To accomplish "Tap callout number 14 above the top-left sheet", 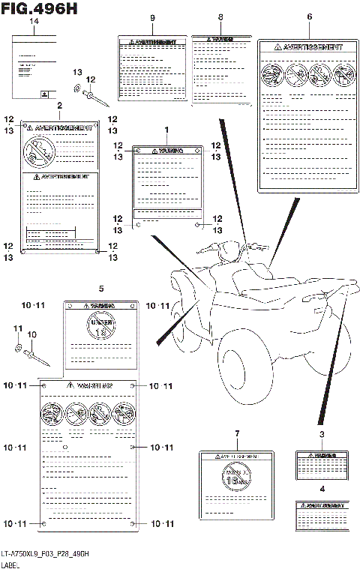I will (33, 22).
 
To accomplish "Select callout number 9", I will (152, 17).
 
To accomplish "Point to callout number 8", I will (220, 17).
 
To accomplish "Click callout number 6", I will (309, 16).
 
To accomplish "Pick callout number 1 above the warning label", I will (166, 130).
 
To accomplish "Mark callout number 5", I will (100, 288).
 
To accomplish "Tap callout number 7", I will (236, 434).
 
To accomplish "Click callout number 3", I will (322, 434).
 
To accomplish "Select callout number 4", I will (322, 489).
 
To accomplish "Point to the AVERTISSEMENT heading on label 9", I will (153, 43).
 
